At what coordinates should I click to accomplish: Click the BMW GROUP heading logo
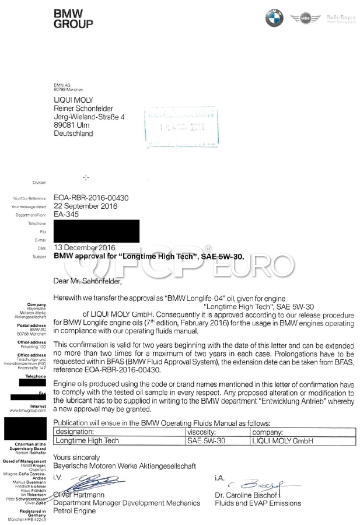pos(73,19)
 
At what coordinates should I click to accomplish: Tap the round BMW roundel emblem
pos(274,18)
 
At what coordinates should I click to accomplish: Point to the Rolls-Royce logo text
pos(341,18)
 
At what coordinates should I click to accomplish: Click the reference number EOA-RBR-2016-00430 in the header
pos(90,198)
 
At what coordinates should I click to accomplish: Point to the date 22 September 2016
pos(85,206)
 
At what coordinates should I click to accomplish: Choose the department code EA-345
pos(66,214)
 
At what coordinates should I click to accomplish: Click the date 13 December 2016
pos(85,247)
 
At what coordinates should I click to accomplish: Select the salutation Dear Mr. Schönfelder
pos(88,281)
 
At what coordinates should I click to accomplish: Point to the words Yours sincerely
pos(76,457)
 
